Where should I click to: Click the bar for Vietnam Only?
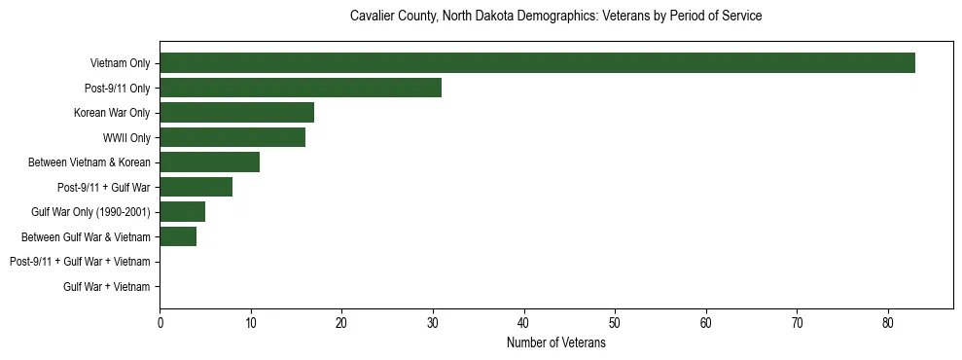[537, 63]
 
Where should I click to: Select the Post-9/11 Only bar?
[301, 88]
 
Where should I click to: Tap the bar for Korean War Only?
[236, 113]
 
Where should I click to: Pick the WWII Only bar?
[232, 137]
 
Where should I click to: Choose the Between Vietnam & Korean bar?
[209, 162]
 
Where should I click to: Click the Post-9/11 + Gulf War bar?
[196, 187]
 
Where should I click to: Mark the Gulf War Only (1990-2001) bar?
[182, 212]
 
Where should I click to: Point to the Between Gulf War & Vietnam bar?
[178, 236]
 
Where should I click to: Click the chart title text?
[555, 17]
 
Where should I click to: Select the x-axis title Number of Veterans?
[555, 343]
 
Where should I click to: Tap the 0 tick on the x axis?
[160, 323]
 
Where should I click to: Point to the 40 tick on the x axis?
[524, 323]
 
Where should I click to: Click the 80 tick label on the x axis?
[888, 323]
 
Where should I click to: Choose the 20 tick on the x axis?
[341, 323]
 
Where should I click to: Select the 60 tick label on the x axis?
[706, 323]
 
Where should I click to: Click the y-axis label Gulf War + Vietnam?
[106, 287]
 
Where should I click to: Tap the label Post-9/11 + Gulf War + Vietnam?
[80, 262]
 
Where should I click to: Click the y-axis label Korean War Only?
[112, 113]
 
